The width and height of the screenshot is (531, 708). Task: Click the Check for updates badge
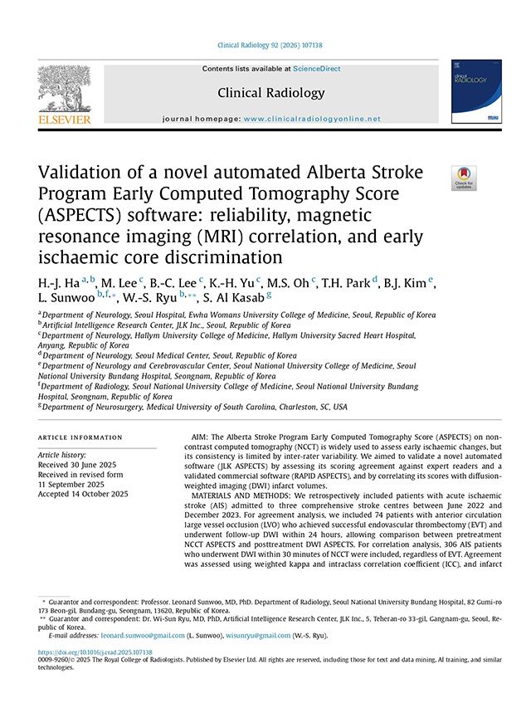click(463, 178)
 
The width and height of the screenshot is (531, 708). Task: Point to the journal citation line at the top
click(265, 45)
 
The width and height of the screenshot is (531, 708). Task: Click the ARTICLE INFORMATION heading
click(79, 437)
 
